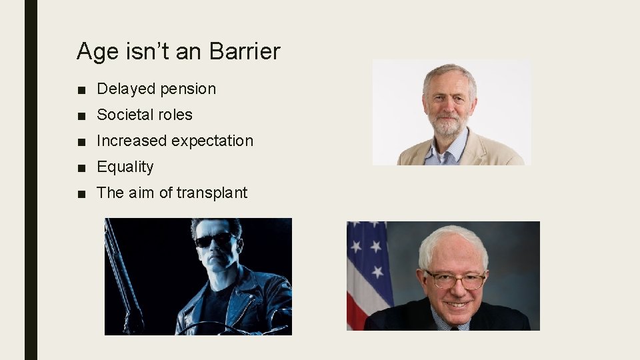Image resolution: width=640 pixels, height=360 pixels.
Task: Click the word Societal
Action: pos(125,115)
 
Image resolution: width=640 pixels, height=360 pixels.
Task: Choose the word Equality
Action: pos(125,167)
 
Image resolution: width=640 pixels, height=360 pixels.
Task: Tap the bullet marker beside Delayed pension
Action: pos(81,89)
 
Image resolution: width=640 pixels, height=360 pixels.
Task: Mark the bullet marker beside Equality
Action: pos(81,167)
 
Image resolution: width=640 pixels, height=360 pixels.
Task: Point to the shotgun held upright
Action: pos(122,273)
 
